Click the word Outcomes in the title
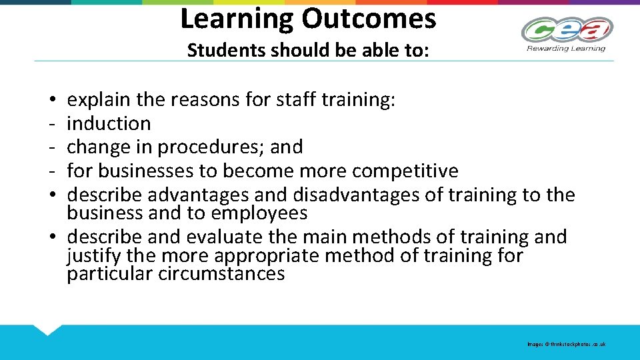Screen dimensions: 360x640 [369, 19]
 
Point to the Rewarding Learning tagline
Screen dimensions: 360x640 [567, 48]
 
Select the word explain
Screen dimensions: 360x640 [99, 100]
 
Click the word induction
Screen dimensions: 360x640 [109, 123]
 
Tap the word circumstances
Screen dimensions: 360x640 [221, 273]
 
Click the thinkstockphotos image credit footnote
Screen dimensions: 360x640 [566, 344]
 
